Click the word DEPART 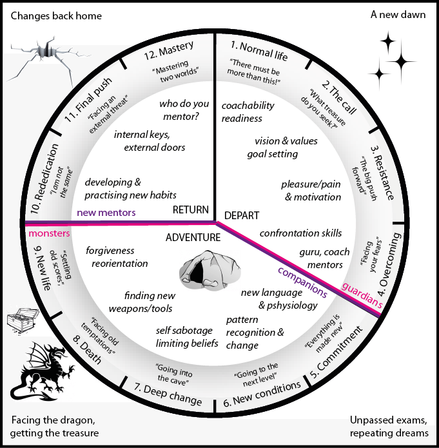(x=241, y=215)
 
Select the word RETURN (x=191, y=209)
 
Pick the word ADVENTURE (x=193, y=237)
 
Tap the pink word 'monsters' (x=48, y=233)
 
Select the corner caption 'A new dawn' (x=398, y=14)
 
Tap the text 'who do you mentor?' (x=184, y=108)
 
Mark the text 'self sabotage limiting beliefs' (x=187, y=336)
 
